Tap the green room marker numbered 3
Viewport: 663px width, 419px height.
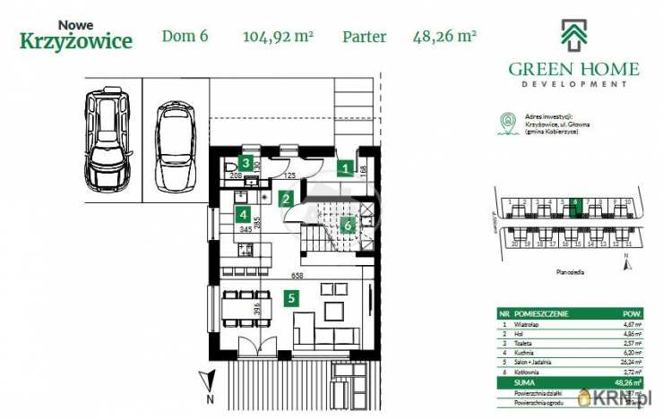(244, 164)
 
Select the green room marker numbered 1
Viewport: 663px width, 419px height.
(345, 167)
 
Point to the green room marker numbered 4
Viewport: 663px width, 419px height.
(242, 214)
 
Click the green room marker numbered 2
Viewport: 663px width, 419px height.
(286, 199)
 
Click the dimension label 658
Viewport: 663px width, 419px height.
(295, 275)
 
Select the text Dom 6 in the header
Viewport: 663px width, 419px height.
(185, 37)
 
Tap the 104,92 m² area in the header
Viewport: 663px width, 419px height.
(278, 37)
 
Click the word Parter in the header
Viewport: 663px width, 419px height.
(365, 37)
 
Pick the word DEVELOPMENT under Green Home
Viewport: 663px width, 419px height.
(573, 84)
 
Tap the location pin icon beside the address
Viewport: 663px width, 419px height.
(509, 120)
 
